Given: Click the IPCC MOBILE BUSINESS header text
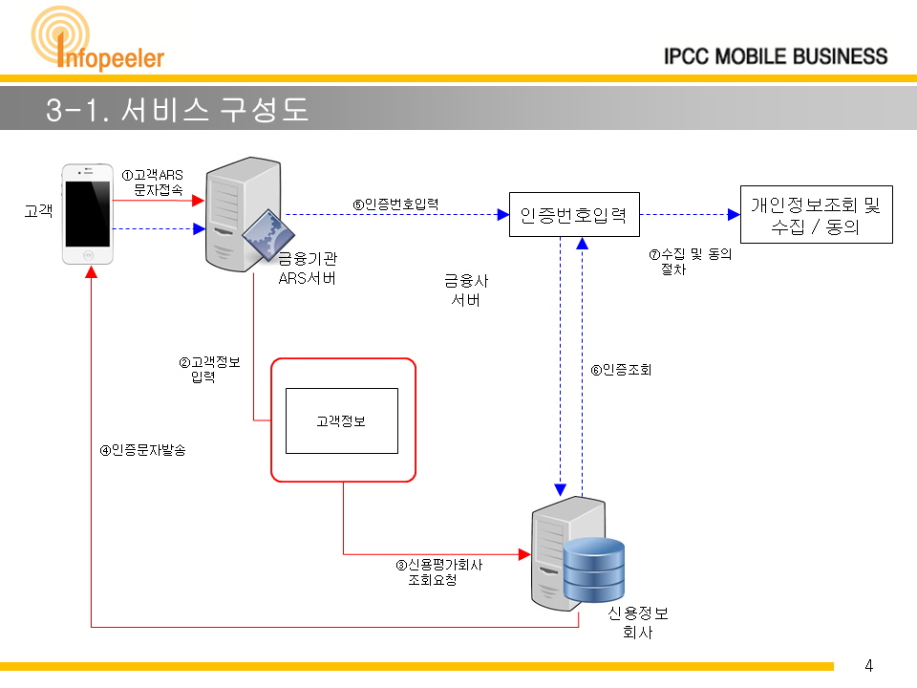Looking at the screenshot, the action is pos(776,56).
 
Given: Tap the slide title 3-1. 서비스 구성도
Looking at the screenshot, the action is pos(178,109).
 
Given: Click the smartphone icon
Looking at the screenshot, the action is pos(88,214).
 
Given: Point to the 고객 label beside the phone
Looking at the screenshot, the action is pos(38,210).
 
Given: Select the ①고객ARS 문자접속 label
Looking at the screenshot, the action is pos(153,182).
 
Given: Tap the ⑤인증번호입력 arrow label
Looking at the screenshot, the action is pos(395,204).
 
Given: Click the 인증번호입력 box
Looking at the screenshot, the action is pos(574,215).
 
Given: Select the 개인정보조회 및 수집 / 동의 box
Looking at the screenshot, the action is pos(817,215).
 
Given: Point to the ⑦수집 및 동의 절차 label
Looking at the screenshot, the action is pos(690,262).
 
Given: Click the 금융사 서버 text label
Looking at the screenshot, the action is pos(466,290).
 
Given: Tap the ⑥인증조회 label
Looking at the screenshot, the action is pos(621,370).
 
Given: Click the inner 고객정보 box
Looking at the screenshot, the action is pos(342,420).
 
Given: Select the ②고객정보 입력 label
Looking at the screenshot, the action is pos(209,369).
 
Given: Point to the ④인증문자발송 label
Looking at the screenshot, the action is pos(142,450).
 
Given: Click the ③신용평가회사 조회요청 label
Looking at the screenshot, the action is pos(439,572).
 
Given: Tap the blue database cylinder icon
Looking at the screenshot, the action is pos(594,570).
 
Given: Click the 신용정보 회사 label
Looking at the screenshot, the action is pos(638,622).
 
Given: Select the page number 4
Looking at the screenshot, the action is pos(869,666).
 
